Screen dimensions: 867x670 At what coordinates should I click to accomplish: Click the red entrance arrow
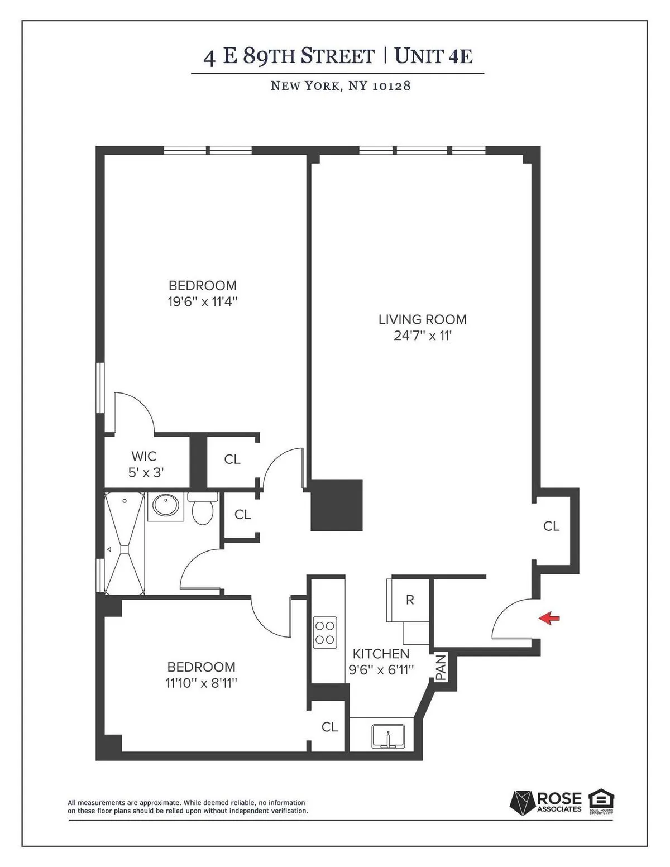(549, 617)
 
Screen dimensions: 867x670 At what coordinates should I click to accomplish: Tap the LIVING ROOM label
(422, 319)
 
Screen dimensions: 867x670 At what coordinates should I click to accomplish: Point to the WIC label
(144, 456)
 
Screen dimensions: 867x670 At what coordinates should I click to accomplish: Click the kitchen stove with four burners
(325, 632)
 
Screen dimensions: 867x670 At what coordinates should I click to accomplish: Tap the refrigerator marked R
(409, 600)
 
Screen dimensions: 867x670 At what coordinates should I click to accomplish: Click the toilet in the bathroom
(202, 510)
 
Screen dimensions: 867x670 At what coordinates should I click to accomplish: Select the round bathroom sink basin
(165, 506)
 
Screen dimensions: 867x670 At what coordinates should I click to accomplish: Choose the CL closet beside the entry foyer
(551, 526)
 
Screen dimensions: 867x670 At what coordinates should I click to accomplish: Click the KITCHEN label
(381, 654)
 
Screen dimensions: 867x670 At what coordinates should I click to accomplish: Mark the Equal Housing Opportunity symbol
(601, 801)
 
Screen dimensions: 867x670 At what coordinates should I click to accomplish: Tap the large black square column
(336, 505)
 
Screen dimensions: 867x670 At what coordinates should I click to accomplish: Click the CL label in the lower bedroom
(329, 726)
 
